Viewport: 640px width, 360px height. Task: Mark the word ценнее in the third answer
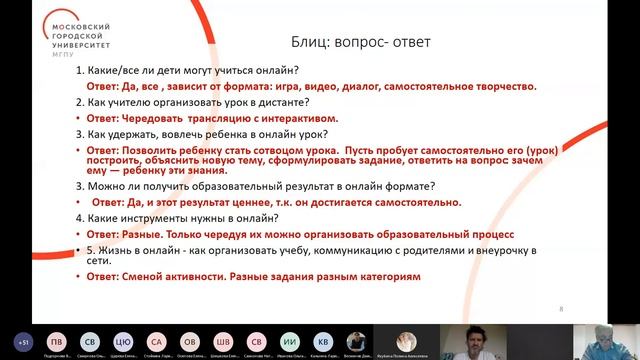point(232,201)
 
